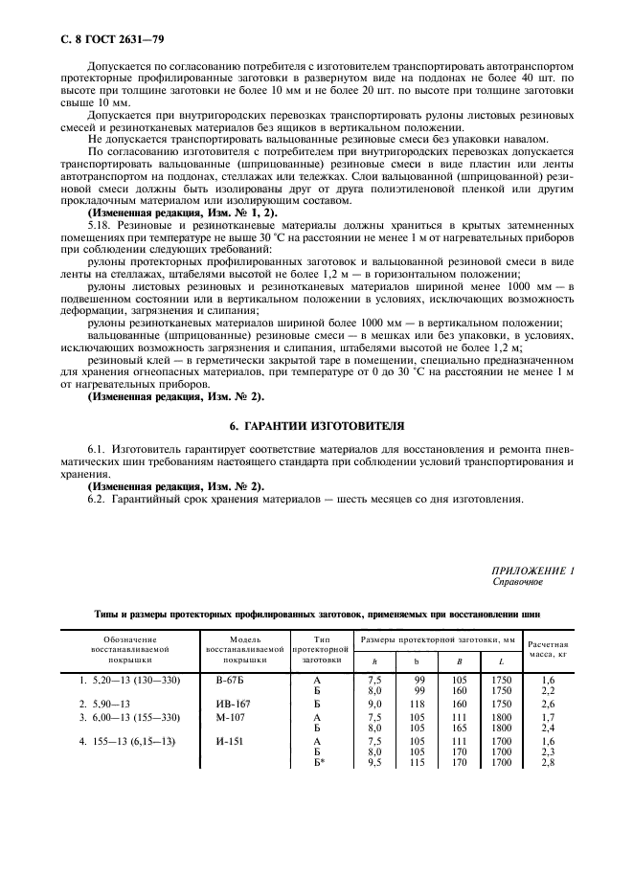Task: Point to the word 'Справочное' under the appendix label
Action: pos(517,581)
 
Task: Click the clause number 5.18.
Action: pos(99,223)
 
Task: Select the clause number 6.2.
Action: pos(99,499)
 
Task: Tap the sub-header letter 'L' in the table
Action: pos(501,661)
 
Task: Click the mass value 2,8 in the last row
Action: pos(549,763)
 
